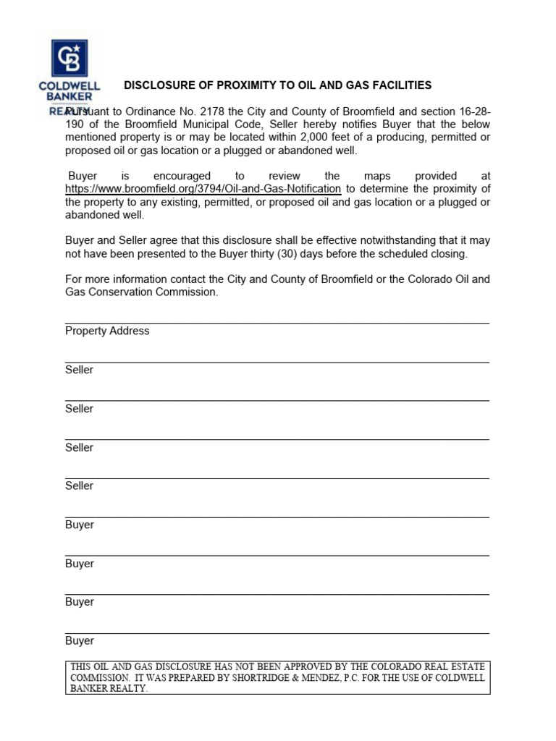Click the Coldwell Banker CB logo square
pos(69,58)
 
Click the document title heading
pos(277,85)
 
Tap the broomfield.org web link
pos(203,189)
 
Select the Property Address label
pos(107,331)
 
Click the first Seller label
pos(79,370)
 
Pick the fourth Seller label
pos(79,486)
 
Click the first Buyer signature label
pos(79,525)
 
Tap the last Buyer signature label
pos(79,640)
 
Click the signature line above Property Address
pos(277,323)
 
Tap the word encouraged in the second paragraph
pos(182,176)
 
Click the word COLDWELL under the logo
pos(69,85)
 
